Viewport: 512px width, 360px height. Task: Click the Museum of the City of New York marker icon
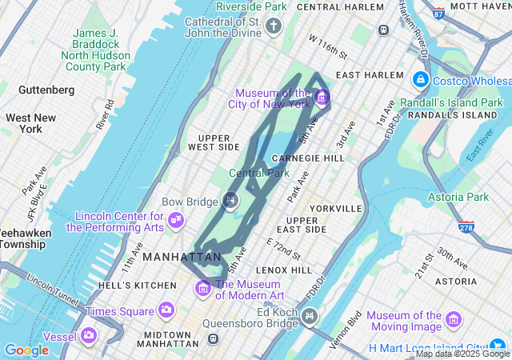322,98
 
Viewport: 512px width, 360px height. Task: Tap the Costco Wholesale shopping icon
420,81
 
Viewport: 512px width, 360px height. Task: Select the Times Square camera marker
166,310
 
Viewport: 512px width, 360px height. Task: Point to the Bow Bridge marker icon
231,200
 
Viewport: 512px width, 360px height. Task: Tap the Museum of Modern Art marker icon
204,288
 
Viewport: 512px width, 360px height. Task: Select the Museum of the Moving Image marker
454,320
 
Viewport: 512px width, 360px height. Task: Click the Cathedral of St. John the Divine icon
274,28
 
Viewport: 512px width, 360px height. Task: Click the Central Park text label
259,173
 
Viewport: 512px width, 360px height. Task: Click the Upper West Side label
214,142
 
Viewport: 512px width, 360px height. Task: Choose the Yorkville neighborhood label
336,208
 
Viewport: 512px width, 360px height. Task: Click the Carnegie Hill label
308,158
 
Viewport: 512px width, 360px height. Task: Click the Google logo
26,350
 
